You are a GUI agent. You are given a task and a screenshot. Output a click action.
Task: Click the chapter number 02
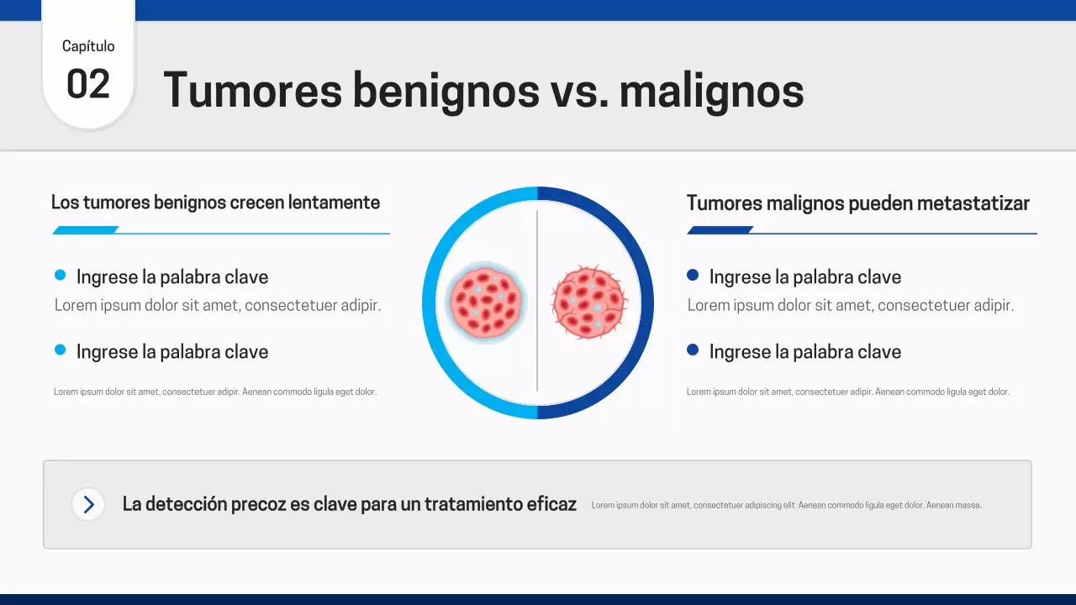(88, 85)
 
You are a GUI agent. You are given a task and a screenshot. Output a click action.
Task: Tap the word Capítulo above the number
(88, 46)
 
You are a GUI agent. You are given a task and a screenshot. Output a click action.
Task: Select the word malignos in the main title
(711, 90)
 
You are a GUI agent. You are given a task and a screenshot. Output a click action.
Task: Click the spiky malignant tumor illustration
(588, 302)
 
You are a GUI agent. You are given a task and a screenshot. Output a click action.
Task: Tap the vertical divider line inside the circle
(537, 353)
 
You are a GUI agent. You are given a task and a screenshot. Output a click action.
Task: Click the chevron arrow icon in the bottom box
(88, 504)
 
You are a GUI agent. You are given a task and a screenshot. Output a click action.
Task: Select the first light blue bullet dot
(60, 275)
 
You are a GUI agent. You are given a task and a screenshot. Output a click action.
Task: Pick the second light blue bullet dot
(60, 350)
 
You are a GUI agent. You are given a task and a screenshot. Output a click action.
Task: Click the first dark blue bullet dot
(693, 275)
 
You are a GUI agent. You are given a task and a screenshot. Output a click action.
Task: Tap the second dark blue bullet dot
(693, 350)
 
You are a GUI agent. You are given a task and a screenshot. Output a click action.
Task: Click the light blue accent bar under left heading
(86, 230)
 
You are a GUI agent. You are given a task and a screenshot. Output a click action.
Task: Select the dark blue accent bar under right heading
(720, 230)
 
